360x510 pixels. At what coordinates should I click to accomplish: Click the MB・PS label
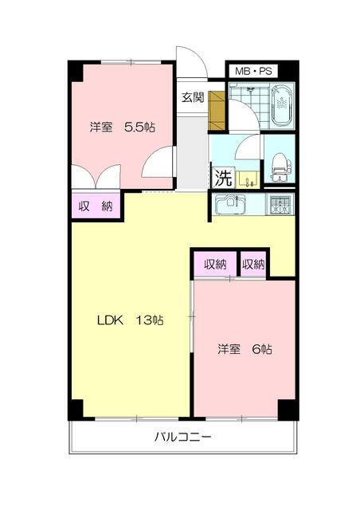pyautogui.click(x=253, y=71)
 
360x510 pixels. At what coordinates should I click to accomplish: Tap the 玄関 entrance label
pyautogui.click(x=192, y=97)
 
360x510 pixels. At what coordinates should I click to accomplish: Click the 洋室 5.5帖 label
pyautogui.click(x=122, y=127)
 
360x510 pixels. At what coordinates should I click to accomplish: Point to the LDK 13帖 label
pyautogui.click(x=131, y=320)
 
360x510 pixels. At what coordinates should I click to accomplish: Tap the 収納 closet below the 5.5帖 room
pyautogui.click(x=95, y=206)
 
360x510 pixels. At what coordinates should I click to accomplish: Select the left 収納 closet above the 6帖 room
pyautogui.click(x=215, y=265)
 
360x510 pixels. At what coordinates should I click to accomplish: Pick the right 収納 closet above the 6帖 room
pyautogui.click(x=253, y=265)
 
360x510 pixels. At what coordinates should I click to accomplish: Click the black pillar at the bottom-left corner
pyautogui.click(x=74, y=408)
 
